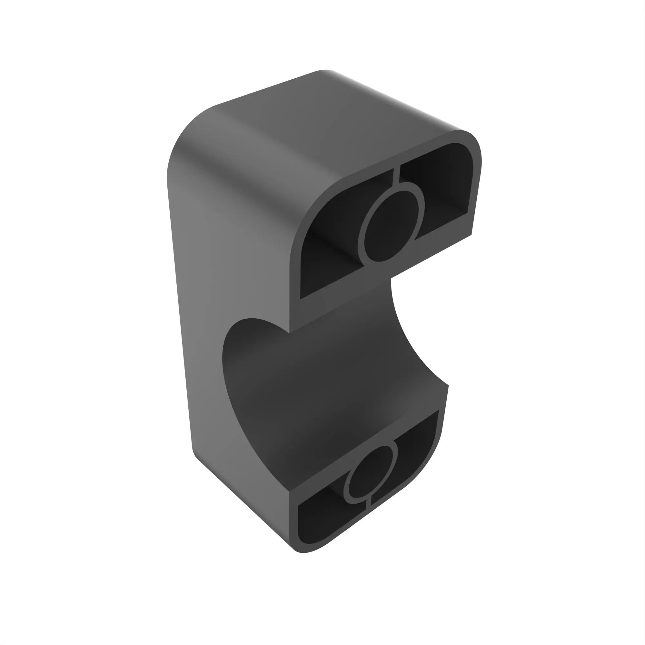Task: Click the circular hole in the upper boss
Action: (391, 227)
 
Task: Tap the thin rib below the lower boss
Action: (368, 504)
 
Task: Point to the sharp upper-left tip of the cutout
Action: (289, 332)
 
